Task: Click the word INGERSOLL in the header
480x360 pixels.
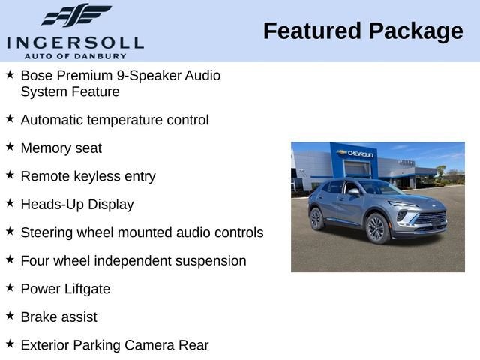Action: (76, 42)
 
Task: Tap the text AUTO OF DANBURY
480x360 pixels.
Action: (75, 55)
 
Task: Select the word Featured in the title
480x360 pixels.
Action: (310, 31)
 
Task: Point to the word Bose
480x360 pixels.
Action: (36, 76)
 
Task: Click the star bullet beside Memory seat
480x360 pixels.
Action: (10, 148)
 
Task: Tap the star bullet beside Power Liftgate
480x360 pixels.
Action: (10, 288)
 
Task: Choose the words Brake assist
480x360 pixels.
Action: (58, 316)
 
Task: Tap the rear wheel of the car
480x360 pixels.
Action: (316, 218)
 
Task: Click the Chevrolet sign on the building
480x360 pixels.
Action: (357, 153)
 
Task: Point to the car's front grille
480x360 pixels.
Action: (431, 219)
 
